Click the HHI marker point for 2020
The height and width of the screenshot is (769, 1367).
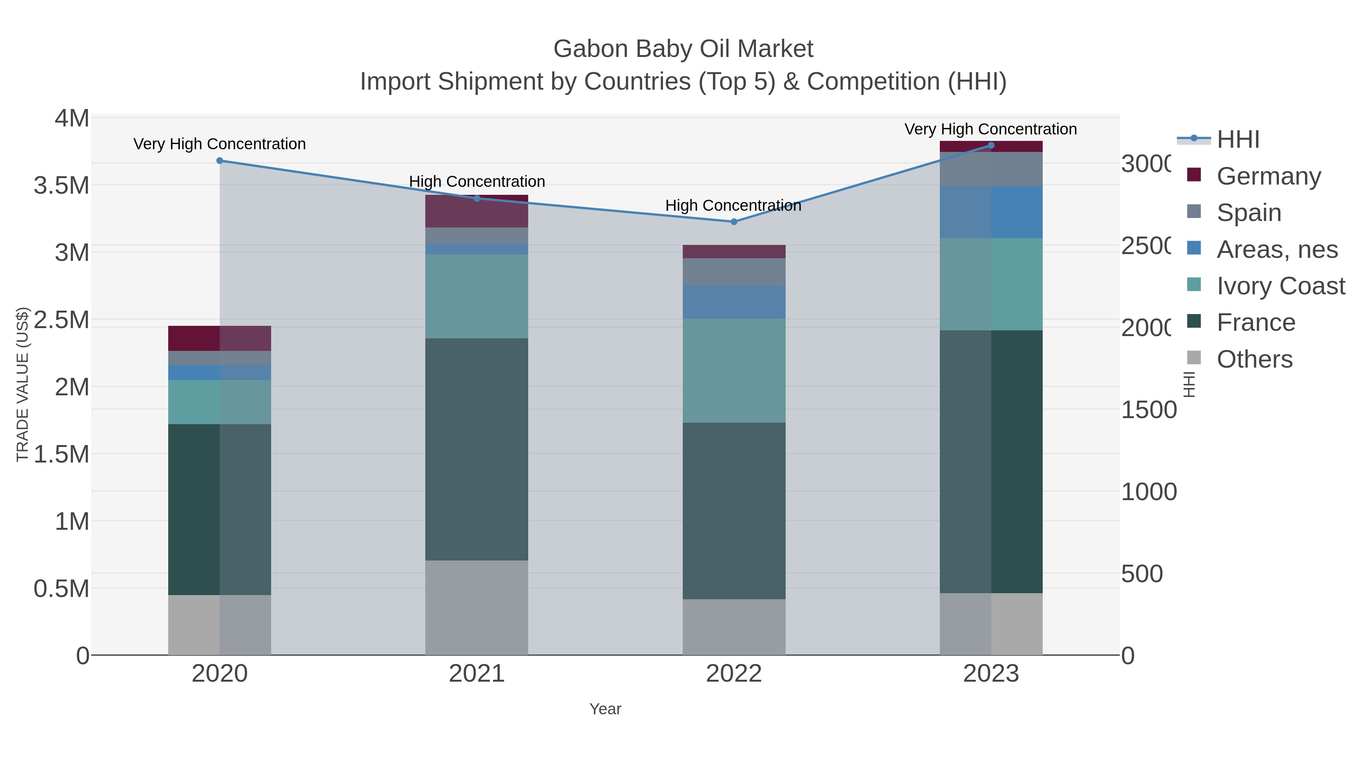tap(220, 160)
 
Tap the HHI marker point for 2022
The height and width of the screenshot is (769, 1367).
tap(734, 222)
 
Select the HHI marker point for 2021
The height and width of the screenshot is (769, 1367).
tap(477, 199)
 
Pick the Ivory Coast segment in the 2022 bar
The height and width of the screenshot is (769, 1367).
tap(734, 370)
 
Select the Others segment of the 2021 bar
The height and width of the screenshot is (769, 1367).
tap(477, 607)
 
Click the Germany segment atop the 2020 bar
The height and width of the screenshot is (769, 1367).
tap(220, 338)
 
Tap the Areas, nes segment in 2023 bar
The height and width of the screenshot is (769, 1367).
tap(991, 212)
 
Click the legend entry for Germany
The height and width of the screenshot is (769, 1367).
tap(1268, 176)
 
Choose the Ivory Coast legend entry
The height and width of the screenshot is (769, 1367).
tap(1280, 286)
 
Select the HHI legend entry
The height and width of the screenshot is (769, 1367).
tap(1237, 140)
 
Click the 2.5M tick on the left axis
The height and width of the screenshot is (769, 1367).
tap(62, 320)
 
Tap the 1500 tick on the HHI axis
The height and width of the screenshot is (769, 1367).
tap(1148, 410)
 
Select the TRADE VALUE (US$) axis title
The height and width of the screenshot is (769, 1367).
tap(22, 384)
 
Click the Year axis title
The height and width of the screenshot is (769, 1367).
tap(605, 709)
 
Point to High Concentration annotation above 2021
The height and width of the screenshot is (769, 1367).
tap(477, 182)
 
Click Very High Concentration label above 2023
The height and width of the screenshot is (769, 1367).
tap(990, 129)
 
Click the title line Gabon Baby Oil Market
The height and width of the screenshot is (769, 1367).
tap(683, 49)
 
